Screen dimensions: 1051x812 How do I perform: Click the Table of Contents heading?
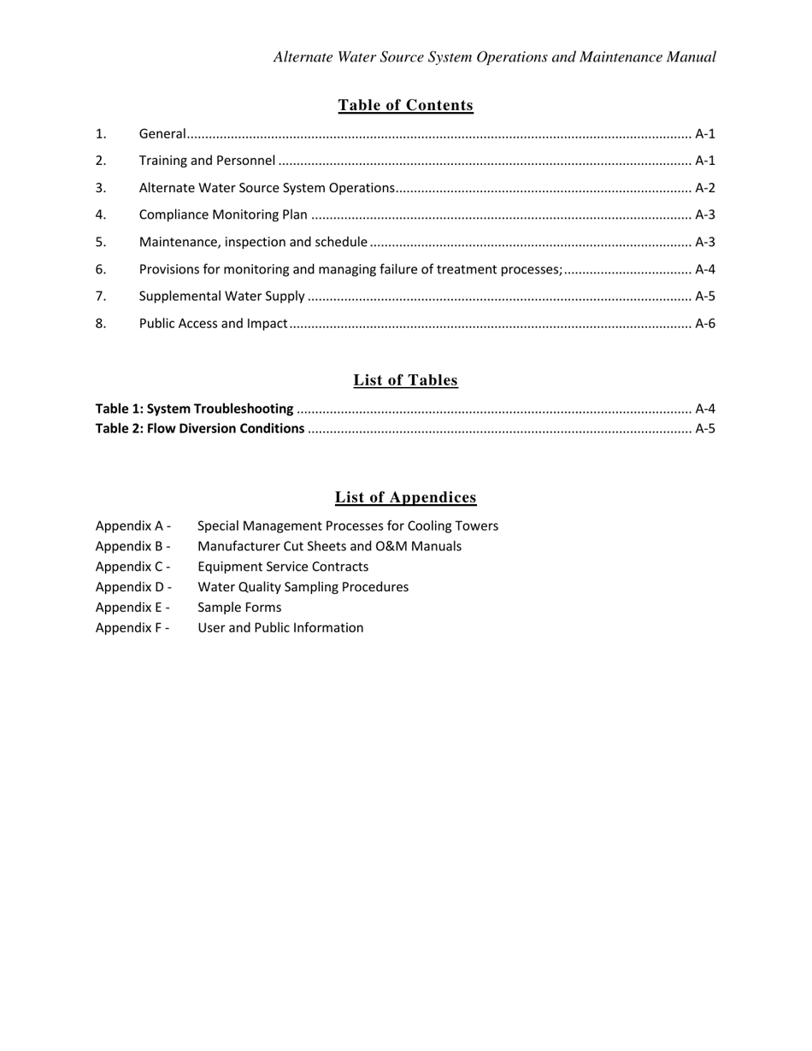[405, 105]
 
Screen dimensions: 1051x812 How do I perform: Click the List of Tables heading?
[405, 380]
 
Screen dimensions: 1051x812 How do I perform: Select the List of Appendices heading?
[405, 497]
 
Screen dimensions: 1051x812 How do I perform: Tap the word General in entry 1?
[162, 133]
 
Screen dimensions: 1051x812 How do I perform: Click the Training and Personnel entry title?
[207, 161]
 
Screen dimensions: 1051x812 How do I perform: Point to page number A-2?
[704, 188]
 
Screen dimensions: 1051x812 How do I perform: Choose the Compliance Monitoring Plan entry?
[222, 215]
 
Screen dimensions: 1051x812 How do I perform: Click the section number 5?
[101, 242]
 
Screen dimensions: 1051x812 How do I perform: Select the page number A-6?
[704, 324]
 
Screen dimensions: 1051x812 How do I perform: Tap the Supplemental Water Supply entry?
[221, 297]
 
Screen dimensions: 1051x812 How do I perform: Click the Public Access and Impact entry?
[213, 324]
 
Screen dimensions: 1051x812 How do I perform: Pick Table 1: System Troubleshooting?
[194, 408]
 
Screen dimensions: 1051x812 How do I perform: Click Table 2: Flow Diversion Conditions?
[199, 428]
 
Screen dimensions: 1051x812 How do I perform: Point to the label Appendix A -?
[132, 525]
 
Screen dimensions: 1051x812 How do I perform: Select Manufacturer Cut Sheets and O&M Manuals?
[329, 546]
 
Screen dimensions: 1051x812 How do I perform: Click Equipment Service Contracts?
[283, 567]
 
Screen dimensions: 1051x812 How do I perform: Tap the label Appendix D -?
[133, 587]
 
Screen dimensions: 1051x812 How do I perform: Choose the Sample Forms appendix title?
[239, 608]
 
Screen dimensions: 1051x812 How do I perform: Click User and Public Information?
[280, 628]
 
